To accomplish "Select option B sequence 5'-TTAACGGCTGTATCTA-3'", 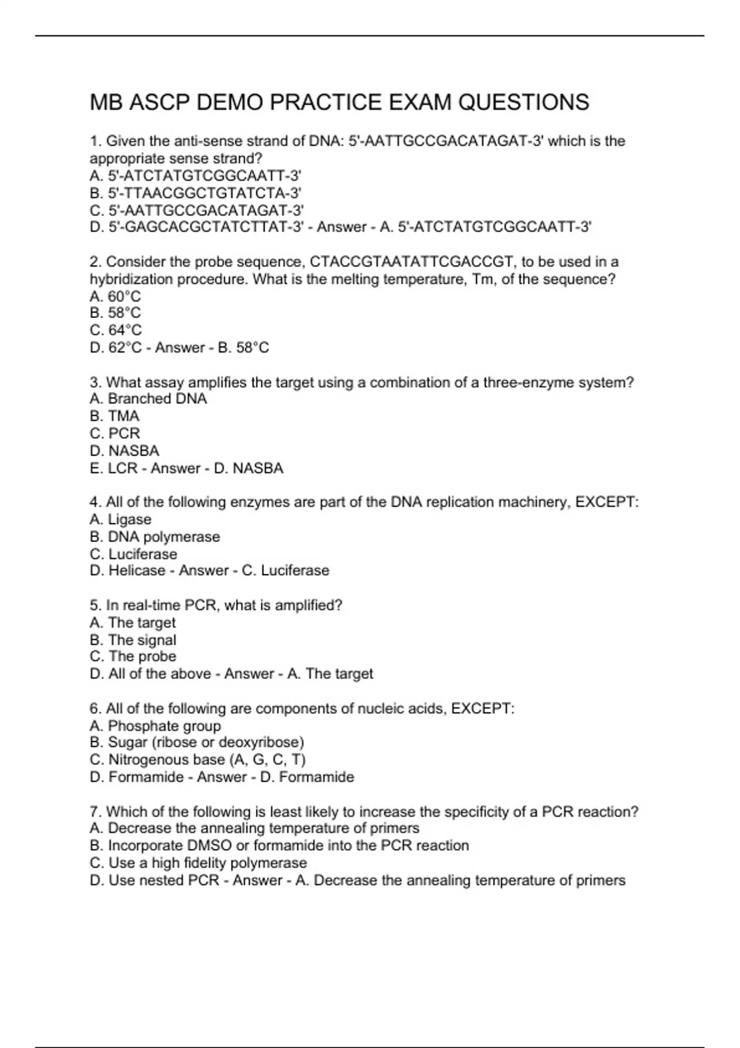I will click(195, 193).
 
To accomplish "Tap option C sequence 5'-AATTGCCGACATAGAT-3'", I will click(197, 210).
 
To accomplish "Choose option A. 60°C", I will click(115, 297).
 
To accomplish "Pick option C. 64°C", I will click(115, 330).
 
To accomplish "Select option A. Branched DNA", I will click(148, 399).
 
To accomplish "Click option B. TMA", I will click(115, 416).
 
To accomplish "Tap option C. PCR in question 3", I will click(115, 433).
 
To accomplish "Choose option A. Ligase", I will click(120, 520).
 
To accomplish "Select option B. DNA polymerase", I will click(155, 537).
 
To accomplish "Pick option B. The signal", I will click(133, 640).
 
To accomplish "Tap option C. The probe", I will click(133, 657).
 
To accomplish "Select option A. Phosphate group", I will click(155, 726).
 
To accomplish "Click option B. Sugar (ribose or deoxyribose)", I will click(197, 742).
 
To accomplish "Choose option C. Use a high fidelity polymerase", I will click(198, 863).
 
